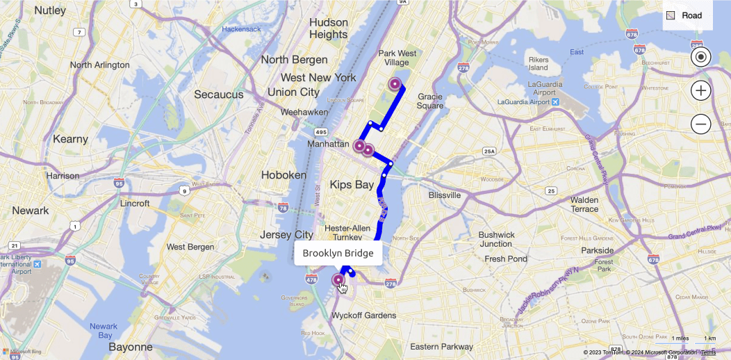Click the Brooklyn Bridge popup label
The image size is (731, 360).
[x=338, y=254]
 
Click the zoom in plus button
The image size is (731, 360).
[x=700, y=90]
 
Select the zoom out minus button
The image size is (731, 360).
[x=700, y=124]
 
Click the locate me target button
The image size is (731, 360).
[x=700, y=57]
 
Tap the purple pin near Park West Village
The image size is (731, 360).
[x=395, y=84]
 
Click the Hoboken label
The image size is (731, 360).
[x=284, y=175]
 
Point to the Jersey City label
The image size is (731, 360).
[x=287, y=235]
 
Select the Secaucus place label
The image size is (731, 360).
[x=219, y=95]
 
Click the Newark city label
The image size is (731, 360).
[x=31, y=211]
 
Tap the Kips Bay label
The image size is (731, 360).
[x=352, y=185]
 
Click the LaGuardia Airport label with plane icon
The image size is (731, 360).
[x=528, y=102]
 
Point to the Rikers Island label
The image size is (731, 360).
[x=538, y=63]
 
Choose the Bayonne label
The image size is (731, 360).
[x=130, y=347]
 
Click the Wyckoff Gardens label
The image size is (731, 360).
[x=363, y=316]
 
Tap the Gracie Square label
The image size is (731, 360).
[x=430, y=101]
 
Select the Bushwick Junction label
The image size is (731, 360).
[x=495, y=239]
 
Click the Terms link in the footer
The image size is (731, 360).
[x=708, y=353]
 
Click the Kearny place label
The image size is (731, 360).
[x=70, y=139]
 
